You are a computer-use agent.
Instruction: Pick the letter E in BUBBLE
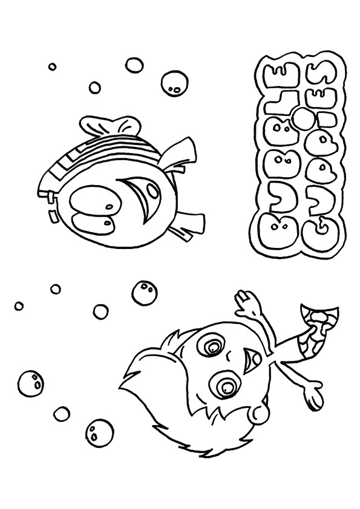click(273, 74)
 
